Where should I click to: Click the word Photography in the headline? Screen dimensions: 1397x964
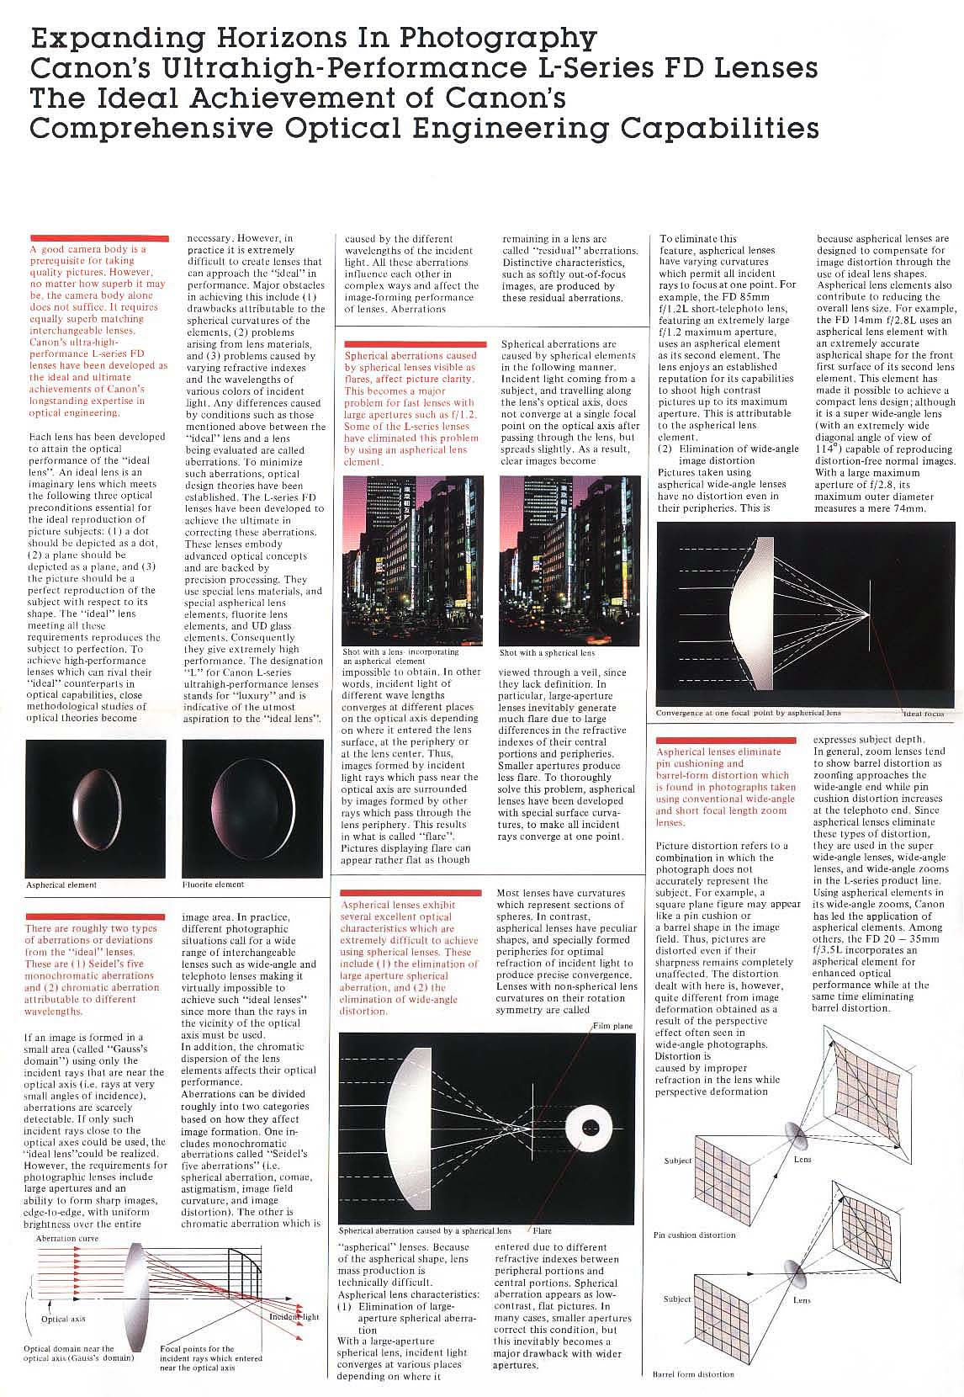[x=497, y=39]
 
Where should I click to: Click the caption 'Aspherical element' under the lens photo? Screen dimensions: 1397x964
[x=61, y=884]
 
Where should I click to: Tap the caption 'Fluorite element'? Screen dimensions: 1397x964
[x=213, y=884]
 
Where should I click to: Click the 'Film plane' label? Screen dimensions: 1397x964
[x=612, y=1027]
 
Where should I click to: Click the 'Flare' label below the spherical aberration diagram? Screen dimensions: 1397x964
[x=542, y=1231]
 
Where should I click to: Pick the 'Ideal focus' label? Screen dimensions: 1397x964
[x=923, y=714]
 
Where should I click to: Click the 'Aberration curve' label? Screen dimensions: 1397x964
[x=67, y=1240]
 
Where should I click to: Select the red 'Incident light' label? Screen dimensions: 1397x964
[x=294, y=1316]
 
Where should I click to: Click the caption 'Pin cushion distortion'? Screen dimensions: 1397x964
[x=694, y=1235]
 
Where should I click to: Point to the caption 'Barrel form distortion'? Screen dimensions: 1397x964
[x=693, y=1374]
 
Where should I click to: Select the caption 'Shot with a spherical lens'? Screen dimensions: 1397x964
[x=547, y=652]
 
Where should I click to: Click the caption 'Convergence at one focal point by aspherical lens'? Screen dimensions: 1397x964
[x=748, y=713]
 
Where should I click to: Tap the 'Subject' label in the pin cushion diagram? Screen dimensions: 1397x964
[x=678, y=1161]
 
